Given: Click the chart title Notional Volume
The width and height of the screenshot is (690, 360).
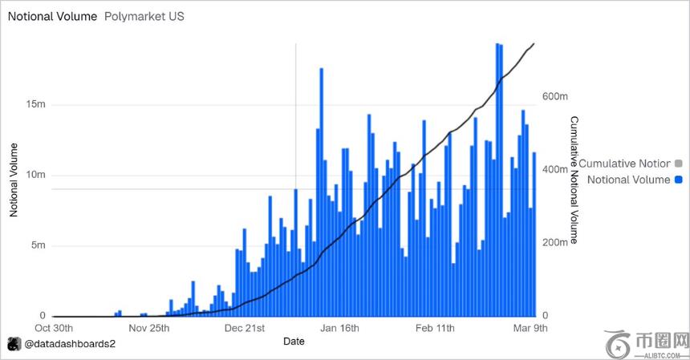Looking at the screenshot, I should (52, 16).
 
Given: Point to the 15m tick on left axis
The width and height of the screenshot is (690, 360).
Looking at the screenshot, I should (36, 105).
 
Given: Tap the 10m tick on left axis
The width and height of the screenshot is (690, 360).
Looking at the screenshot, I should (36, 176).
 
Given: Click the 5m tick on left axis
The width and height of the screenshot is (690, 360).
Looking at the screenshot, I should (39, 245).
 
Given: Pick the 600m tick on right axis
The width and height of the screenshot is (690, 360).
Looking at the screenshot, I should (555, 96).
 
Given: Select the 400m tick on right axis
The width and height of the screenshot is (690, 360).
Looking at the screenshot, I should (555, 170).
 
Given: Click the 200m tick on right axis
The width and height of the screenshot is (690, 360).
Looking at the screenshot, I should (555, 241).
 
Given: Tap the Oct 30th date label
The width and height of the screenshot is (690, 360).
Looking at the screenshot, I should (55, 328).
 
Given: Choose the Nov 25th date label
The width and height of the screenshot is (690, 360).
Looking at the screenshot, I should (149, 328).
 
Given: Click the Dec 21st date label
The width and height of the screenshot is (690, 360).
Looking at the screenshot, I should (245, 328).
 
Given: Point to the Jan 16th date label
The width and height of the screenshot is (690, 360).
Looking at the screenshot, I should (339, 328).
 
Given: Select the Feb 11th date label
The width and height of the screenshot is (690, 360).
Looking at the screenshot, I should (435, 328).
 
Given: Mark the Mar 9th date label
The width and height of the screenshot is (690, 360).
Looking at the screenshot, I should (530, 328).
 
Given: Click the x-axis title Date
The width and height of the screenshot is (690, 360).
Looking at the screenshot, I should (294, 342).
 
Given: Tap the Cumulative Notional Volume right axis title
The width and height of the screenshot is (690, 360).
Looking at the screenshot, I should (574, 180).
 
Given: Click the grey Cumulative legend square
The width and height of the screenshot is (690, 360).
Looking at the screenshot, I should (678, 164).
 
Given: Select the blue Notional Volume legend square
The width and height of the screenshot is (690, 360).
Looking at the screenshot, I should (678, 180).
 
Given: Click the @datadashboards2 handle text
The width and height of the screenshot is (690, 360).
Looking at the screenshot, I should (71, 344).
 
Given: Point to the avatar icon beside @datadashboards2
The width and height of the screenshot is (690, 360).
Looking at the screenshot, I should (14, 344).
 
